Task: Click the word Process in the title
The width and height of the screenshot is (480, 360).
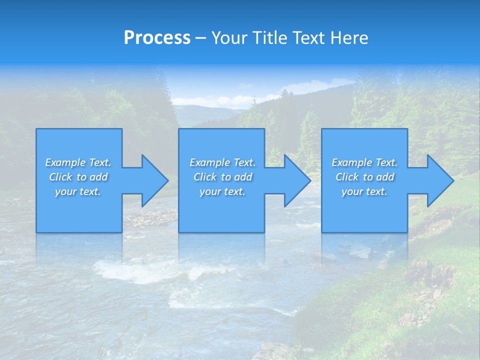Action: (157, 38)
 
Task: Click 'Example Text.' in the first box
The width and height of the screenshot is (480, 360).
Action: (78, 162)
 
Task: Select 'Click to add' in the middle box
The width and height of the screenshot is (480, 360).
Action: (222, 177)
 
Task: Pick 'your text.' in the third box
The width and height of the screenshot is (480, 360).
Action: (364, 191)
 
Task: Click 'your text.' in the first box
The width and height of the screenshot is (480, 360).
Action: (78, 191)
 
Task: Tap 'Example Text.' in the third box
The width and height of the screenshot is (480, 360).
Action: (364, 162)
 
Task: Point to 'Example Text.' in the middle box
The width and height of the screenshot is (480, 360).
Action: (222, 162)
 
